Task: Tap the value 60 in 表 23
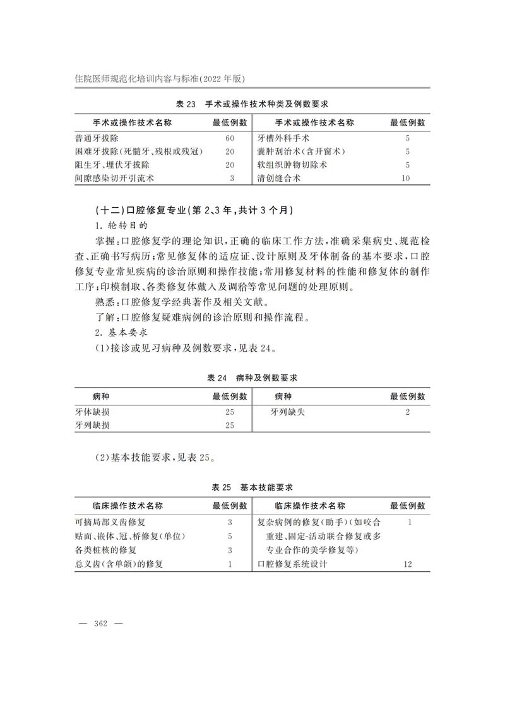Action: (x=230, y=138)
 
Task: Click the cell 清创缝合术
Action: (x=279, y=178)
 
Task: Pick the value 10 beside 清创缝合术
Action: (x=406, y=178)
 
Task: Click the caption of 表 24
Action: (x=252, y=378)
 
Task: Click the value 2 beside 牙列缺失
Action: (x=408, y=412)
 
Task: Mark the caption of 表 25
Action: (x=252, y=487)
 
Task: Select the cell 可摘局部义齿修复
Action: (x=110, y=522)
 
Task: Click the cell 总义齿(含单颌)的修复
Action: (x=119, y=564)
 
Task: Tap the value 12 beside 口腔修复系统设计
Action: (x=407, y=564)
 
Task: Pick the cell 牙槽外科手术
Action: (x=283, y=138)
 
